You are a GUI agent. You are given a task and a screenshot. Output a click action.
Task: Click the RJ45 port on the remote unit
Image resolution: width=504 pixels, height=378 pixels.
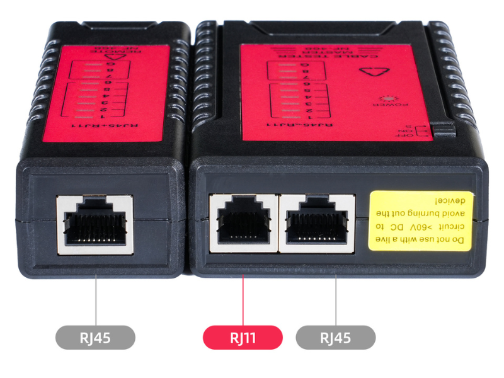[x=95, y=224]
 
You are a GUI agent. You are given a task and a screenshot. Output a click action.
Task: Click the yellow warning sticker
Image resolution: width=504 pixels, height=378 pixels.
[x=420, y=220]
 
